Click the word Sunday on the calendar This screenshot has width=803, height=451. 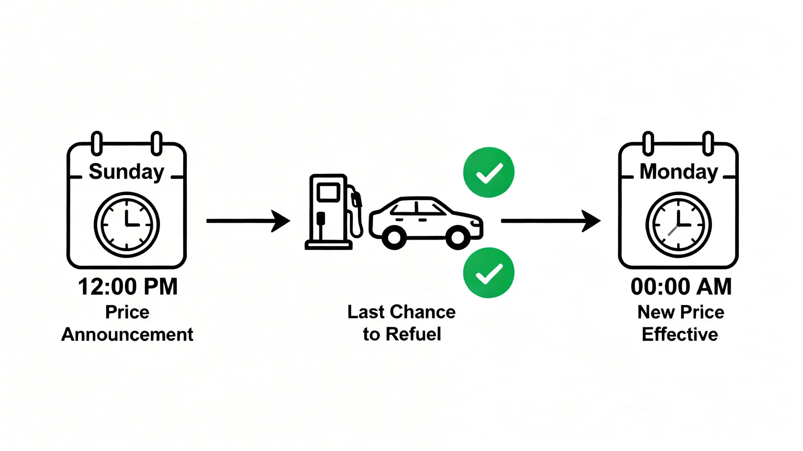coord(126,172)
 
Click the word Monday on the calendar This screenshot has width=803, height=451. coord(679,172)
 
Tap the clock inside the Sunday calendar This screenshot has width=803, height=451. coord(126,225)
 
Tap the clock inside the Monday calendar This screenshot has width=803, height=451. coord(678,225)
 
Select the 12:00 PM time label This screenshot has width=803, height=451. coord(128,287)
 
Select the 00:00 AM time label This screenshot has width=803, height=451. coord(681,287)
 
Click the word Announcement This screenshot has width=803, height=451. coord(127,335)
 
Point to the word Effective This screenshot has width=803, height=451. coord(680,335)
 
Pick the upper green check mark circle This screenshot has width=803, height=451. coord(488,172)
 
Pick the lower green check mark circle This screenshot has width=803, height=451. coord(488,273)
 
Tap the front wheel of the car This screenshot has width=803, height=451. coord(457,237)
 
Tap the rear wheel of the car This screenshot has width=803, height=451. coord(394,237)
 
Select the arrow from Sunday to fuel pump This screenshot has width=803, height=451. coord(248,221)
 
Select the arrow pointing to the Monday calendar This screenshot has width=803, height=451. coord(550,221)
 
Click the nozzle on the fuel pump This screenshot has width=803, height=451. coord(356,198)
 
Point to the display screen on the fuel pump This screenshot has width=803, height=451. coord(328,192)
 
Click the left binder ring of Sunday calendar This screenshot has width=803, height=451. coord(97,143)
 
